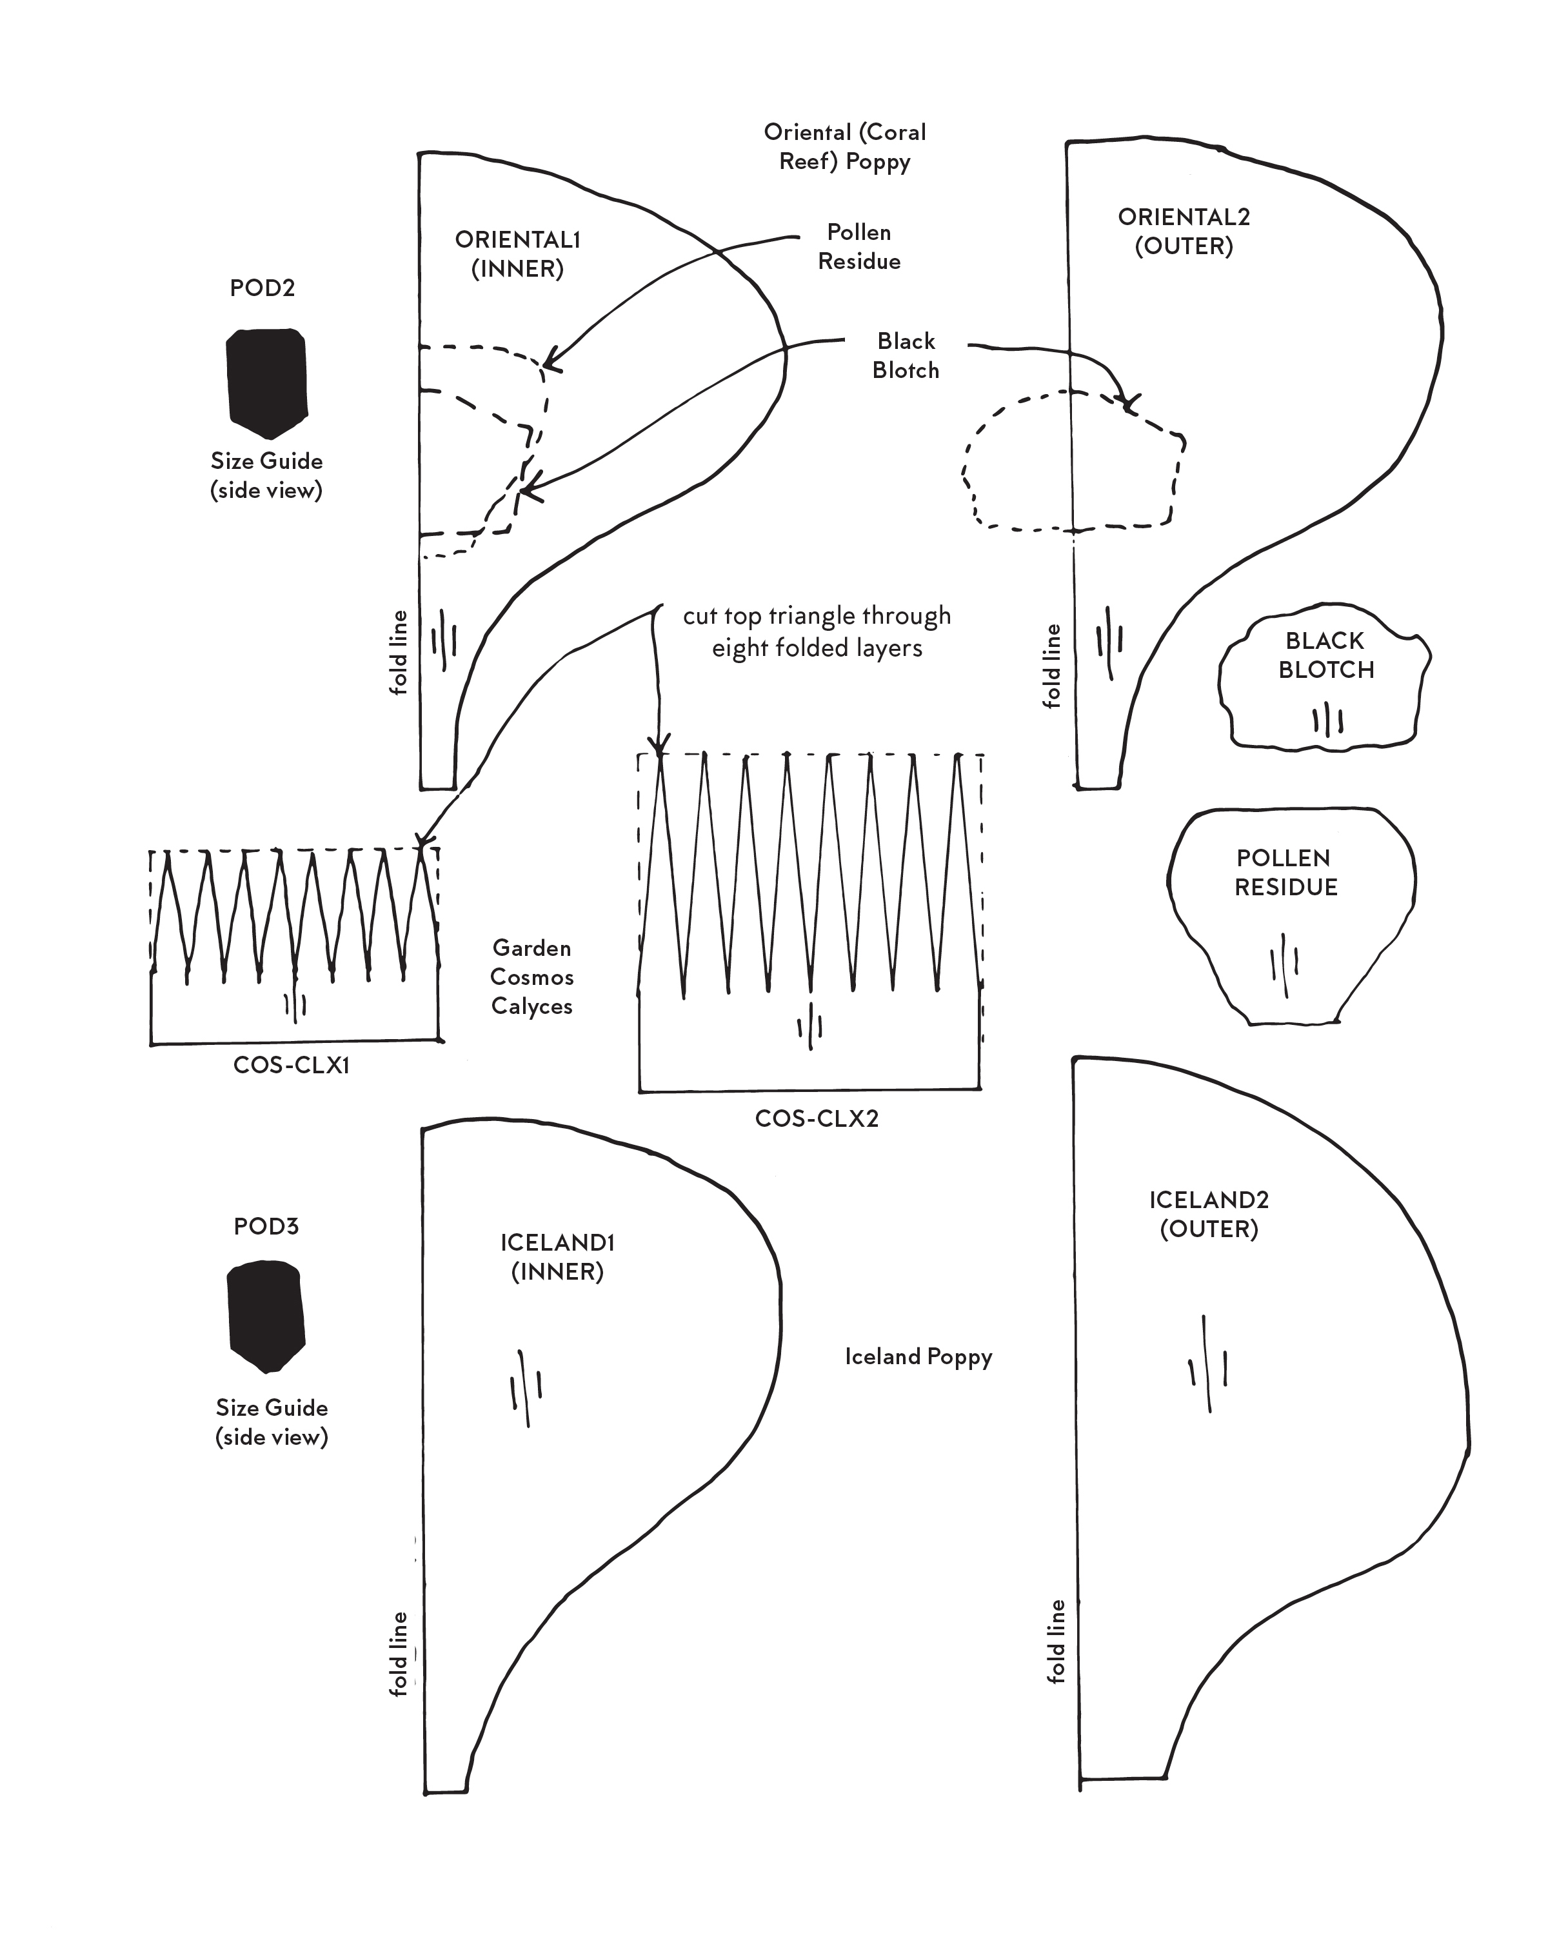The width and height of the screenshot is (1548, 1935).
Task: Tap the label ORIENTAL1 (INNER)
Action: tap(518, 254)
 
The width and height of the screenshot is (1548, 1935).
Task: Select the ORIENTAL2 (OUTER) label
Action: tap(1184, 232)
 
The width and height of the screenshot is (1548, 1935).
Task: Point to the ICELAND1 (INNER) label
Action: tap(557, 1256)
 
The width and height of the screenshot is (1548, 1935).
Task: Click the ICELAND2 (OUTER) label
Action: tap(1209, 1215)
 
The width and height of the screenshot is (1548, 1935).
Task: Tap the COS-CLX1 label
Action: tap(291, 1066)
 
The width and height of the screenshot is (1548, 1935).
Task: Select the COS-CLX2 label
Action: tap(817, 1118)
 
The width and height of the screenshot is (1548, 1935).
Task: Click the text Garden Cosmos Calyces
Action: tap(532, 977)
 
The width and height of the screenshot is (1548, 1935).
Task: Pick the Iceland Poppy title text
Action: tap(918, 1356)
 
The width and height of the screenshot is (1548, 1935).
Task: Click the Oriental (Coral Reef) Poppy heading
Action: tap(844, 146)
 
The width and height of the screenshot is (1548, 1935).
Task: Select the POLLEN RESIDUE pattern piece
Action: tap(1291, 915)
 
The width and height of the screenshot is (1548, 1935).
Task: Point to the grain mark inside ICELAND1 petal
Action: tap(526, 1389)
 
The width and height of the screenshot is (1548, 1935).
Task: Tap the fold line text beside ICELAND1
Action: tap(399, 1654)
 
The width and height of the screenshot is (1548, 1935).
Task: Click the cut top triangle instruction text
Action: tap(817, 632)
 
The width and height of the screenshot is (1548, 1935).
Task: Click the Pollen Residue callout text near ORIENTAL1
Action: tap(858, 247)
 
